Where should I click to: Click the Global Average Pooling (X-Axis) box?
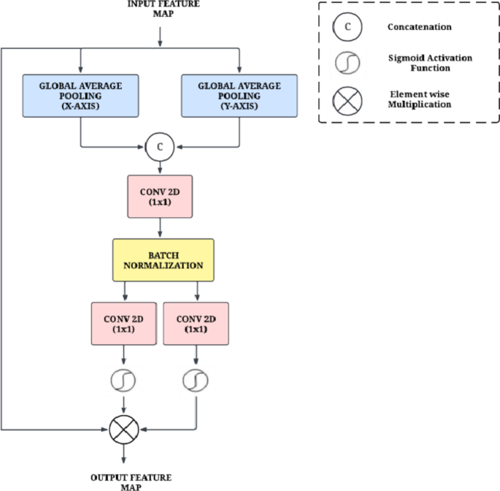tap(81, 95)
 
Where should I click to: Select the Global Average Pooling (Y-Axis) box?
tap(239, 95)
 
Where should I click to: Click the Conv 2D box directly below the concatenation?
tap(159, 197)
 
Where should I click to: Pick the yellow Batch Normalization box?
tap(163, 260)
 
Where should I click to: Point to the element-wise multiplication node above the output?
tap(123, 430)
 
